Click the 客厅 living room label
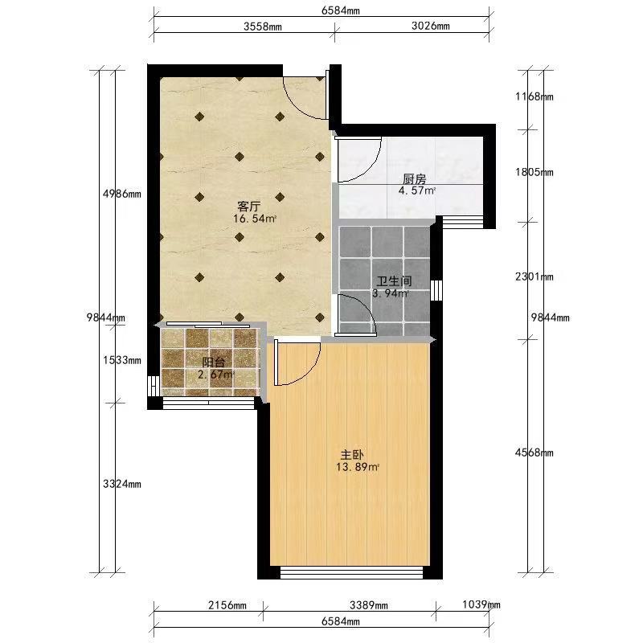point(249,206)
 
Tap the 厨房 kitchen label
point(415,179)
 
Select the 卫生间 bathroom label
point(394,281)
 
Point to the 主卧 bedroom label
point(352,455)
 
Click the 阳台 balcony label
point(214,362)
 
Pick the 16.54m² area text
point(255,219)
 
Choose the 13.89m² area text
point(357,467)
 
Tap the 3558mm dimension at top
point(263,27)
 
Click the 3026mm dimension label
point(431,26)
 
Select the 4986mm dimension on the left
point(122,194)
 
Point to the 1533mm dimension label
point(122,360)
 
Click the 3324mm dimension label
point(122,484)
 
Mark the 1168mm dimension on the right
point(534,96)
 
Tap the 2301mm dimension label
point(534,276)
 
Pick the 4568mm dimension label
point(534,453)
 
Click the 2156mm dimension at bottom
point(227,605)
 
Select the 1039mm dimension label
point(481,604)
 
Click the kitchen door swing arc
point(369,169)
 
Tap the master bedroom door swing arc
point(308,373)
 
